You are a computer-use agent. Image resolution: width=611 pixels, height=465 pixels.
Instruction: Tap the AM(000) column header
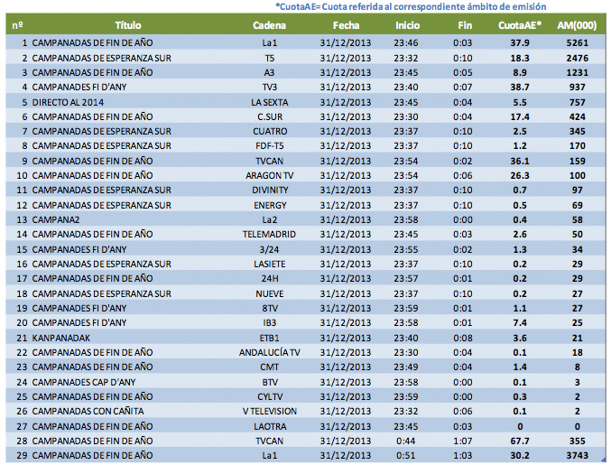572,25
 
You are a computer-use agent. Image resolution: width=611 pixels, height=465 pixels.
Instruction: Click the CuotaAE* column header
520,25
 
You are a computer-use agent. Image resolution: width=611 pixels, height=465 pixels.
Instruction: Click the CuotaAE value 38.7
520,87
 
